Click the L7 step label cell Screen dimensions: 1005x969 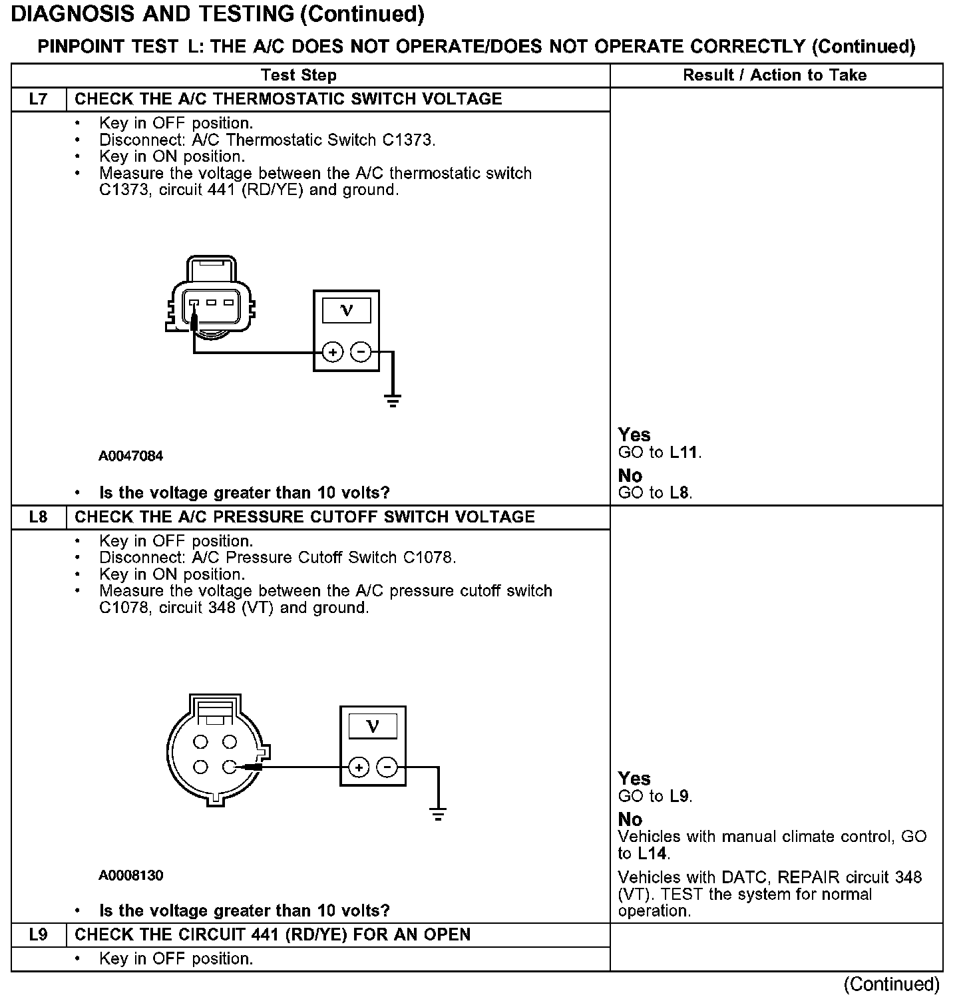pyautogui.click(x=39, y=99)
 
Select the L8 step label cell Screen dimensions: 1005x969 pyautogui.click(x=39, y=517)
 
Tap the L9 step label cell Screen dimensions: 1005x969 pyautogui.click(x=39, y=934)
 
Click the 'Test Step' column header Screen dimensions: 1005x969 pyautogui.click(x=298, y=75)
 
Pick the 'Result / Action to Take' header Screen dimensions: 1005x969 pyautogui.click(x=775, y=75)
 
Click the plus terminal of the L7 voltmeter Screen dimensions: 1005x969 pyautogui.click(x=332, y=351)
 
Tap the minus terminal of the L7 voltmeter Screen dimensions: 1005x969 pyautogui.click(x=361, y=351)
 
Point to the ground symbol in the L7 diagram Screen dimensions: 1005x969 pyautogui.click(x=393, y=400)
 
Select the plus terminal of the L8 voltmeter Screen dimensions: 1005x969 pyautogui.click(x=359, y=768)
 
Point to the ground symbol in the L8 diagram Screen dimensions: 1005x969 pyautogui.click(x=438, y=815)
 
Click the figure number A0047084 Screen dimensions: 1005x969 pyautogui.click(x=131, y=456)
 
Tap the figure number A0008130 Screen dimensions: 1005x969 pyautogui.click(x=131, y=875)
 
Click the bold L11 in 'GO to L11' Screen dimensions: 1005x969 pyautogui.click(x=684, y=453)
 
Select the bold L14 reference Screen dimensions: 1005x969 pyautogui.click(x=652, y=853)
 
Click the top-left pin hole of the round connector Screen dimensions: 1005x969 pyautogui.click(x=202, y=741)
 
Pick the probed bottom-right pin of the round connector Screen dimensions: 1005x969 pyautogui.click(x=230, y=767)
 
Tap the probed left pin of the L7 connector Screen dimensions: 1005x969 pyautogui.click(x=194, y=303)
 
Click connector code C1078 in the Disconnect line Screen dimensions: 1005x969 pyautogui.click(x=429, y=558)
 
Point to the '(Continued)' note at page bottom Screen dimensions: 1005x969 pyautogui.click(x=891, y=984)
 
